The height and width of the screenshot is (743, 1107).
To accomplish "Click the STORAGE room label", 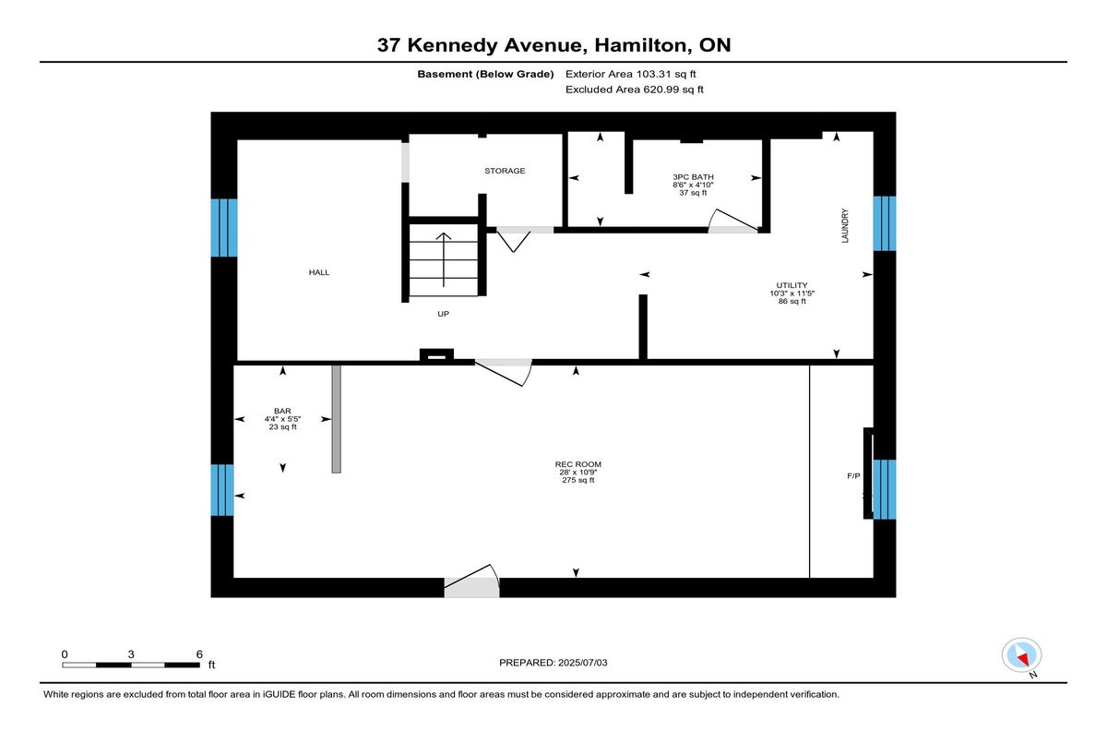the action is click(505, 171).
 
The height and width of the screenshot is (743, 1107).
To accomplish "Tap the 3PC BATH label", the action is click(693, 177).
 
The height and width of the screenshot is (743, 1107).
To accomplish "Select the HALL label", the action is click(319, 272).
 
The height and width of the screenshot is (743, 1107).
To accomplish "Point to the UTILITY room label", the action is click(792, 285).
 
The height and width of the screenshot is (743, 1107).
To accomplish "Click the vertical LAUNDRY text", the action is click(845, 226).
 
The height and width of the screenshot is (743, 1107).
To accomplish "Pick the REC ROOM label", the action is click(578, 464).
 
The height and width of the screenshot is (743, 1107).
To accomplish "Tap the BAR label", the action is click(282, 411).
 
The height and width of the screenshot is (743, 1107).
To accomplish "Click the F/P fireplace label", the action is click(853, 476).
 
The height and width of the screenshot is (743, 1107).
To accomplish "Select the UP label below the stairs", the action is click(444, 314).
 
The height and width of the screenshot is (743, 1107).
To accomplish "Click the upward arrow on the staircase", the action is click(444, 259).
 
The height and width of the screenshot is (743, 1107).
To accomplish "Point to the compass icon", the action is click(1021, 655).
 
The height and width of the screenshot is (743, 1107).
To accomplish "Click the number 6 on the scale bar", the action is click(199, 654).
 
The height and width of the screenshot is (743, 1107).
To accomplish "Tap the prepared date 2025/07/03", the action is click(583, 663).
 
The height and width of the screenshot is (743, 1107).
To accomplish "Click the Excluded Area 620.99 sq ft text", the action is click(635, 90).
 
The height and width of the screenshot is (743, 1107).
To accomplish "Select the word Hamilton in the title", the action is click(641, 45).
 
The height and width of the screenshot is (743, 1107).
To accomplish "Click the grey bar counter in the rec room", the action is click(336, 419).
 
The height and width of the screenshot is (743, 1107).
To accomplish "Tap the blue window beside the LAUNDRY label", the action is click(885, 223).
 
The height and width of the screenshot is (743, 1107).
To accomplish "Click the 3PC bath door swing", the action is click(734, 221).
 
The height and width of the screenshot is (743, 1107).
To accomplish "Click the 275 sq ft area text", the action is click(578, 480).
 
